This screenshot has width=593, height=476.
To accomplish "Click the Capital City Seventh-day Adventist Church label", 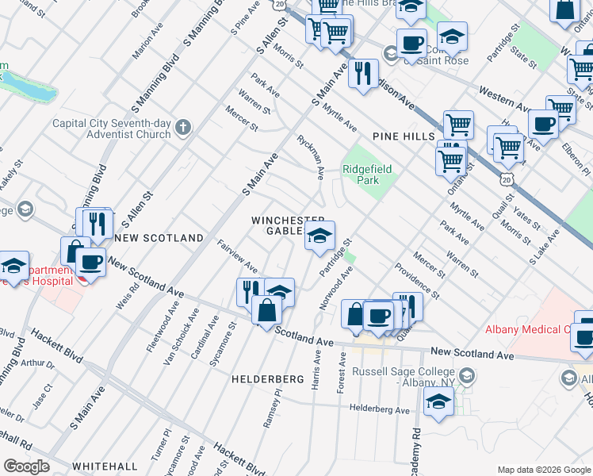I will [111, 129].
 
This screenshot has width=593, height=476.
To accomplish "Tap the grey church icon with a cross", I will [183, 127].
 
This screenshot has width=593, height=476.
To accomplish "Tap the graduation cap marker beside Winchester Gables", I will [319, 236].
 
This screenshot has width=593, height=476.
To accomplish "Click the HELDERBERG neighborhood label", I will [268, 380].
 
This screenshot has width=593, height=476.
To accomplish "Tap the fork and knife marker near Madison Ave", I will [363, 74].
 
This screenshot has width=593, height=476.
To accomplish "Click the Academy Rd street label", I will [415, 451].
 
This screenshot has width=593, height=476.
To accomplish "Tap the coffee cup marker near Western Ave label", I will [544, 124].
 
